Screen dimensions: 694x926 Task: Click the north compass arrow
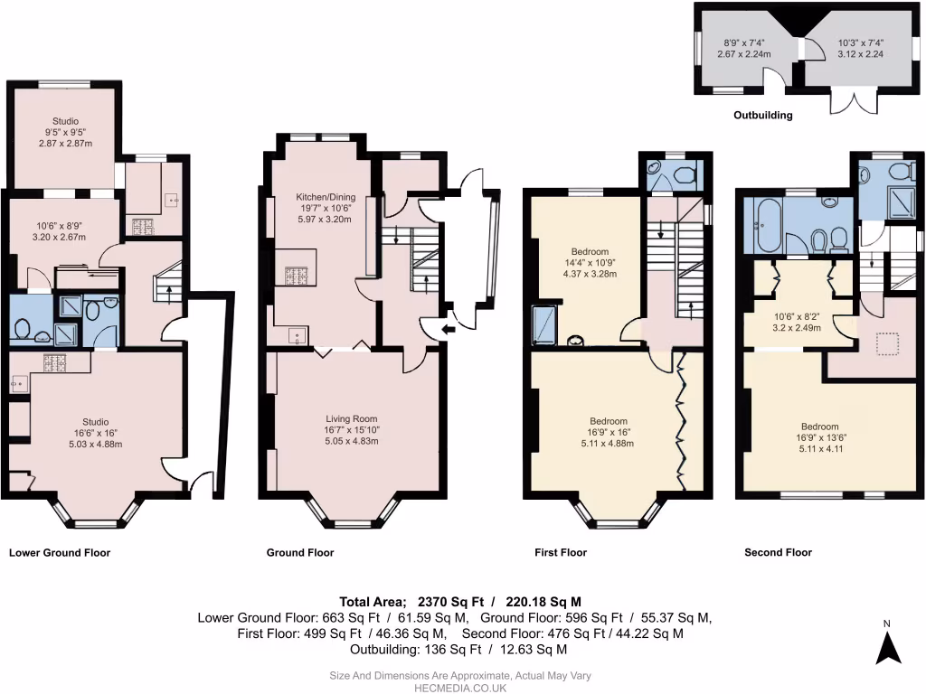(889, 647)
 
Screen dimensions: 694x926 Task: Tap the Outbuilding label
(762, 116)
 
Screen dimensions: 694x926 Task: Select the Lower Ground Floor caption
(60, 552)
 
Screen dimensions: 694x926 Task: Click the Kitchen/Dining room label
(326, 197)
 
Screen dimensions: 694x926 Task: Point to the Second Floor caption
(778, 552)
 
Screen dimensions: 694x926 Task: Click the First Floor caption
(561, 552)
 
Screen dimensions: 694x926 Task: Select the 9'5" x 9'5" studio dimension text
(65, 133)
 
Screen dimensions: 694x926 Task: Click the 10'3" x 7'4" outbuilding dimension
(861, 42)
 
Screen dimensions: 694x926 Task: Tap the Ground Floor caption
(300, 552)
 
